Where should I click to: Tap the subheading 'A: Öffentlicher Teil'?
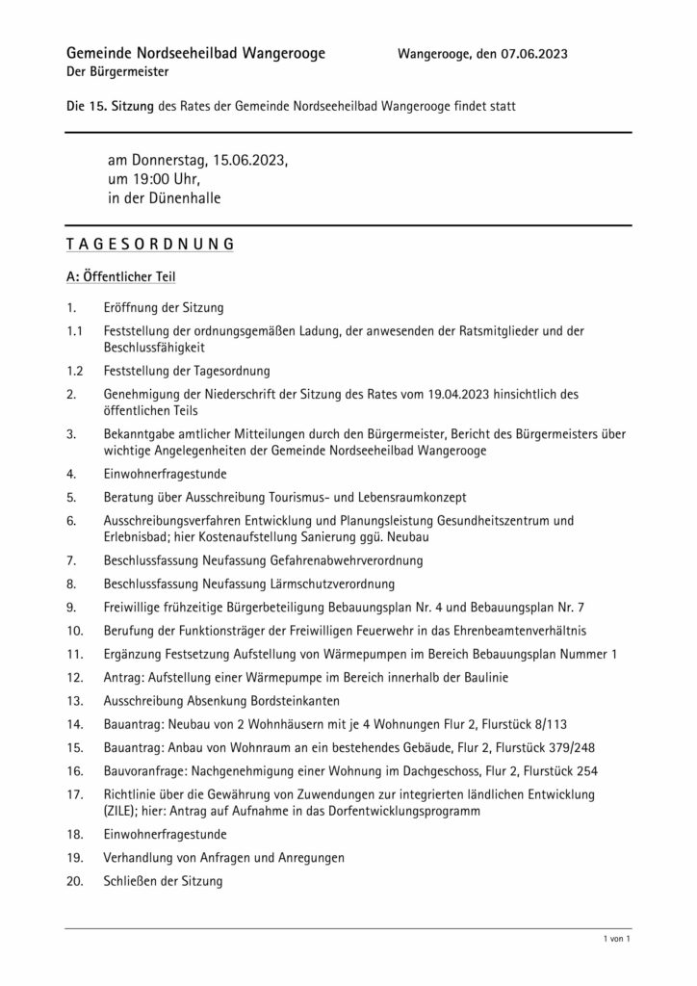120,276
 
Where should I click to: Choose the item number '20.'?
75,880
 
